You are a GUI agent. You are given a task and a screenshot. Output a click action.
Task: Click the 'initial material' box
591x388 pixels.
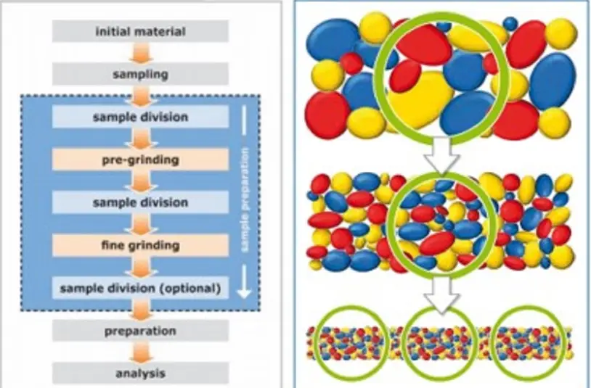140,31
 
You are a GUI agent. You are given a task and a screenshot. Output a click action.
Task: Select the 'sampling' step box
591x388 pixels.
140,74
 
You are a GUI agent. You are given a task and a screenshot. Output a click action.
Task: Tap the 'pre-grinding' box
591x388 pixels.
140,160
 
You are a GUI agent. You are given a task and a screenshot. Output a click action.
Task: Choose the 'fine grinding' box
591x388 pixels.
140,245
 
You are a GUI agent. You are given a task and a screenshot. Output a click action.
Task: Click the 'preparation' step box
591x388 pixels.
140,331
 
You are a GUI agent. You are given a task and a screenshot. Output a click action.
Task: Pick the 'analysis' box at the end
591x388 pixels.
140,373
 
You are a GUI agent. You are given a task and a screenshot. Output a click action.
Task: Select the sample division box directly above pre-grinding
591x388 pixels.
140,117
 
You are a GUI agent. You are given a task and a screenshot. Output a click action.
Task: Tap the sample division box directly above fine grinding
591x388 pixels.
140,202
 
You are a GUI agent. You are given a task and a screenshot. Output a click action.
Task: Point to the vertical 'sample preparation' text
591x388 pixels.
245,199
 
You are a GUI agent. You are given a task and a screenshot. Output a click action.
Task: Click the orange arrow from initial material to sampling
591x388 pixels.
140,53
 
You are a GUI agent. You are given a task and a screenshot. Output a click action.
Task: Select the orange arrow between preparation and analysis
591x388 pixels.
140,352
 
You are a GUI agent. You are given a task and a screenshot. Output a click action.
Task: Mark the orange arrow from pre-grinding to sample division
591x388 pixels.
140,181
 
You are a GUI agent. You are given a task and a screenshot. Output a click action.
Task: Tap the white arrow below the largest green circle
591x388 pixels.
441,155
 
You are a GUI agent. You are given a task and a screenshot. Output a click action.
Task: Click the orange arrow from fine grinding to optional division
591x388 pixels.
140,267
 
